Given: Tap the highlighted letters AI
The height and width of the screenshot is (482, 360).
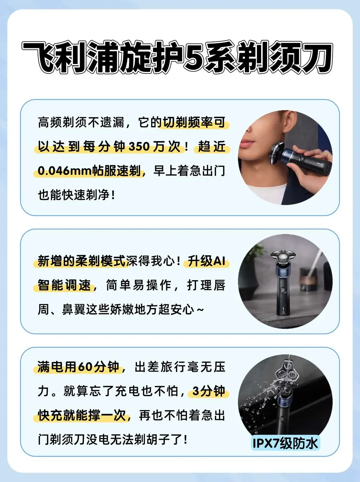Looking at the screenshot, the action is (219, 261).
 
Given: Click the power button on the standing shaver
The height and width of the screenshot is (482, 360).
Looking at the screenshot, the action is (283, 290).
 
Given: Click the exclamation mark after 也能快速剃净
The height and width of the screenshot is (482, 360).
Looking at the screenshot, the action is (113, 195).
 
